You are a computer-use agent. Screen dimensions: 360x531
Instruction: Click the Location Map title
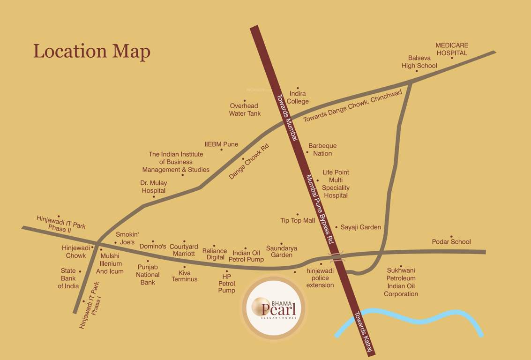(92, 51)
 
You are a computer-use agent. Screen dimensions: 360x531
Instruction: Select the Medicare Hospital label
(452, 49)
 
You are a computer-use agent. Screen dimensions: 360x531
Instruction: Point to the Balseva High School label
(419, 62)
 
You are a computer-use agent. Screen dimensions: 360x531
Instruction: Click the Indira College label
(298, 97)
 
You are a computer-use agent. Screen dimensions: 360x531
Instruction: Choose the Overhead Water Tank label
(245, 110)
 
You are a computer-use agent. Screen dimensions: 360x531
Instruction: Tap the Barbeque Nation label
(322, 150)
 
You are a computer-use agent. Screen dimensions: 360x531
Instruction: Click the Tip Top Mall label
(298, 220)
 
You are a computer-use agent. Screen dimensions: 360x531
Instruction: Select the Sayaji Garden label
(360, 227)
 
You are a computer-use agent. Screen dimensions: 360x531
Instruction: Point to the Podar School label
(451, 242)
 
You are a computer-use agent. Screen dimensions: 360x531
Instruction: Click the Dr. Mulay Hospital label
(154, 187)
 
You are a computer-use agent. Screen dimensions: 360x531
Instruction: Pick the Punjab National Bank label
(148, 275)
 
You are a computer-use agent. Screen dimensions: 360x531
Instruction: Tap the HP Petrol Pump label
(227, 284)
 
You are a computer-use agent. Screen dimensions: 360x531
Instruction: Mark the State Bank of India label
(68, 278)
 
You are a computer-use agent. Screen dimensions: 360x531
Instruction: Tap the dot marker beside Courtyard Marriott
(184, 241)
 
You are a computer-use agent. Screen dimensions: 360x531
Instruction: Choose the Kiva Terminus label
(184, 276)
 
